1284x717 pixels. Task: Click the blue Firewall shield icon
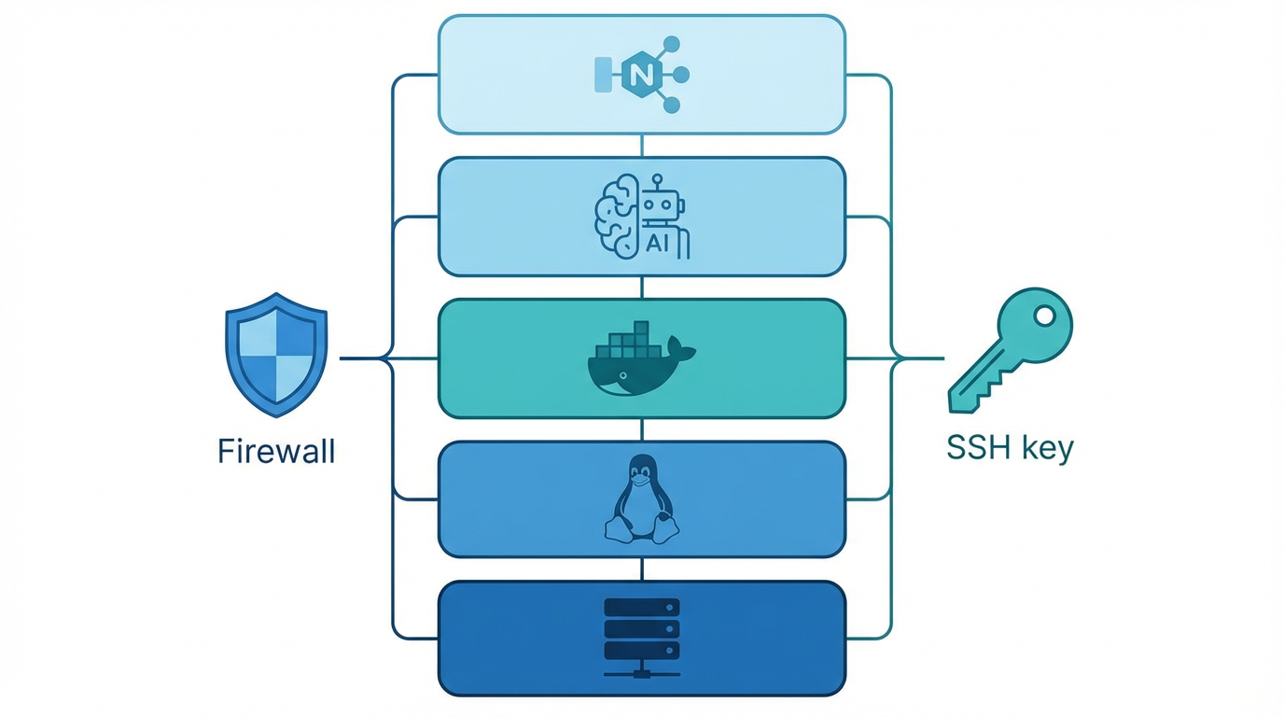pyautogui.click(x=276, y=355)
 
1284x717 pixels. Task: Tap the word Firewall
pyautogui.click(x=276, y=452)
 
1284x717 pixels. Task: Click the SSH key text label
pyautogui.click(x=1010, y=448)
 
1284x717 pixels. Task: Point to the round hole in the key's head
pyautogui.click(x=1043, y=317)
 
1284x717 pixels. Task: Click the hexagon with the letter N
pyautogui.click(x=641, y=76)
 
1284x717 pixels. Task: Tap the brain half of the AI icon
pyautogui.click(x=616, y=217)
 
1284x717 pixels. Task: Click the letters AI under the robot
pyautogui.click(x=657, y=245)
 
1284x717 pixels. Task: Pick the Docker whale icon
pyautogui.click(x=640, y=359)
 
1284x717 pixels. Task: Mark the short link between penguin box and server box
pyautogui.click(x=642, y=569)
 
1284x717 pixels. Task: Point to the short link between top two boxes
pyautogui.click(x=642, y=146)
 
